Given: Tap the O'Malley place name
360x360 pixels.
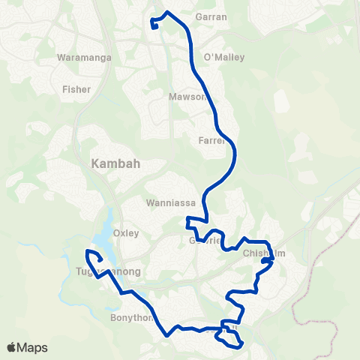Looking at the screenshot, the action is tap(224, 57).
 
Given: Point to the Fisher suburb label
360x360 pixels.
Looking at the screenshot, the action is tap(76, 89).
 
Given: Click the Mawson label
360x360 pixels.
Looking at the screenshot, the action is tap(187, 97).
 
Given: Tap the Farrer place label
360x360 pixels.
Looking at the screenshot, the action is tap(211, 140).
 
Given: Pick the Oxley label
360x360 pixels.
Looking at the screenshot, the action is tap(125, 233).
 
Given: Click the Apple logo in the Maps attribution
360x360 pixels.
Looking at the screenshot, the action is tap(13, 347).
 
